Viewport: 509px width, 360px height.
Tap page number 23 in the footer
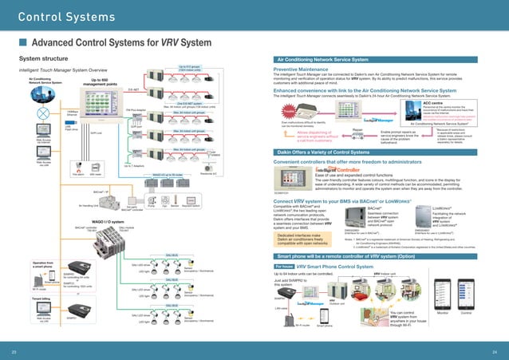13,350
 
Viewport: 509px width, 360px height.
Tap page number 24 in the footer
495,350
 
